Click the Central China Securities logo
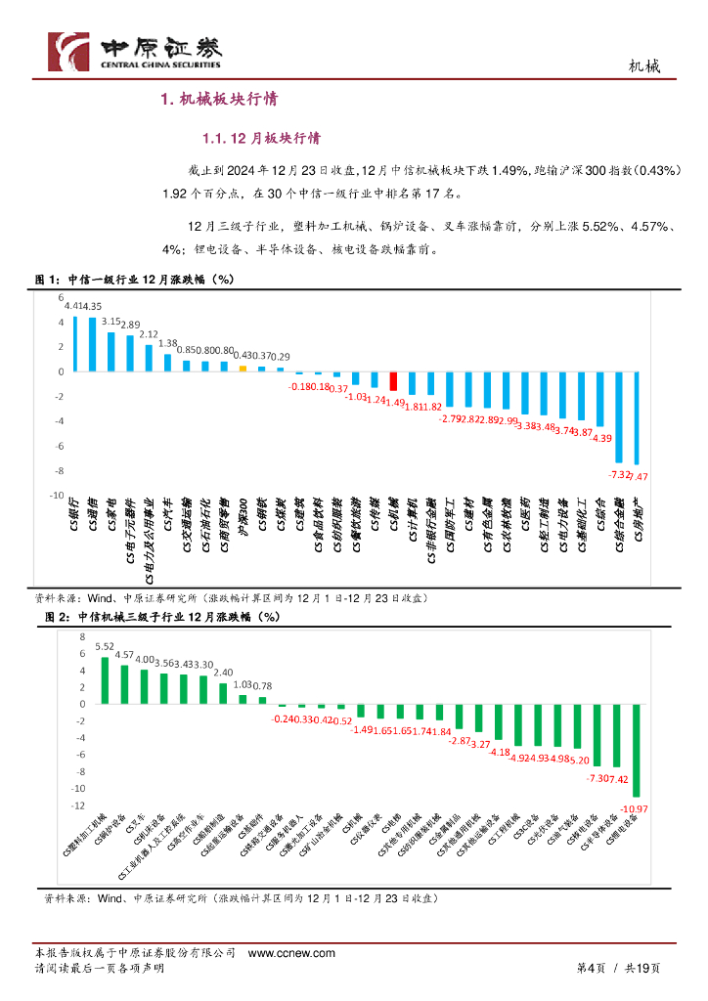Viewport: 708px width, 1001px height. pyautogui.click(x=136, y=51)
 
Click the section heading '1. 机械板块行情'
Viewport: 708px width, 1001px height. pyautogui.click(x=220, y=99)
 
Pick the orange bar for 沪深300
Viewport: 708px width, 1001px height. pyautogui.click(x=243, y=369)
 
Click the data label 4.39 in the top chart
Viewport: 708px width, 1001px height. pyautogui.click(x=601, y=438)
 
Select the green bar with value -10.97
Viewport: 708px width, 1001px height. pyautogui.click(x=637, y=750)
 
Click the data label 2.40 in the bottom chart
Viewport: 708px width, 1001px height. pyautogui.click(x=223, y=673)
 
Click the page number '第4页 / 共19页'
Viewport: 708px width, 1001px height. pyautogui.click(x=617, y=968)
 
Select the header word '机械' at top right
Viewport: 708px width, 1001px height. pyautogui.click(x=642, y=66)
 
